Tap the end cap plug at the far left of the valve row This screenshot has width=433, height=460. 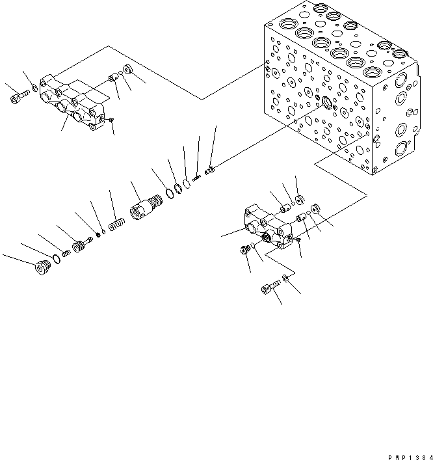pyautogui.click(x=42, y=268)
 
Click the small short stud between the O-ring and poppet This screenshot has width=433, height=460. pyautogui.click(x=66, y=253)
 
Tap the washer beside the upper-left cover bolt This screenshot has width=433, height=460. pyautogui.click(x=34, y=90)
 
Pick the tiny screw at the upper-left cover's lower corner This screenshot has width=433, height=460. pyautogui.click(x=111, y=120)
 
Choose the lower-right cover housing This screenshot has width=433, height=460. pyautogui.click(x=266, y=228)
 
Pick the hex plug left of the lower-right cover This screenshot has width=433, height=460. pyautogui.click(x=247, y=250)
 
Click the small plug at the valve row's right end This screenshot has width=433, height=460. pyautogui.click(x=209, y=171)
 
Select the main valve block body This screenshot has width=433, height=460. pyautogui.click(x=338, y=98)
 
